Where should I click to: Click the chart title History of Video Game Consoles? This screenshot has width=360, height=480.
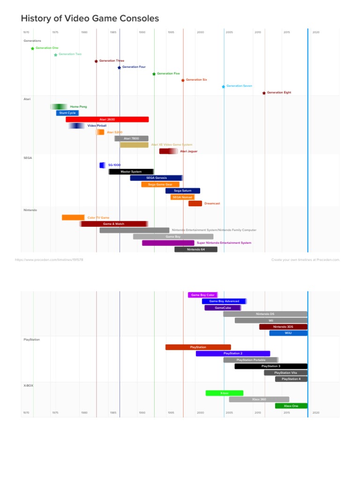(x=90, y=19)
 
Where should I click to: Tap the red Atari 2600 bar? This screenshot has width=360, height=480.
(x=107, y=120)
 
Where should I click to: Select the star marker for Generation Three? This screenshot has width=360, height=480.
(x=96, y=61)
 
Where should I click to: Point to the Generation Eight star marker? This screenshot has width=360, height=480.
(x=264, y=93)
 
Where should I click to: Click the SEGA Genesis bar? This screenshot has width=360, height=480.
(x=156, y=178)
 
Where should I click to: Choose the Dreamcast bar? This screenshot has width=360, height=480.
(x=195, y=203)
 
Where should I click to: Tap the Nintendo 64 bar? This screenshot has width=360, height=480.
(x=196, y=249)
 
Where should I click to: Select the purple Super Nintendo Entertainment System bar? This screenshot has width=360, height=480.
(x=168, y=243)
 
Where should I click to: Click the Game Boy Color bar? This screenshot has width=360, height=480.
(x=202, y=295)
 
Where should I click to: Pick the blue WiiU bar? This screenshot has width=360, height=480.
(x=288, y=333)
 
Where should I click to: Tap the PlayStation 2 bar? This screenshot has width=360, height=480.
(x=233, y=353)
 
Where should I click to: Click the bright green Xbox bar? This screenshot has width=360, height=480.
(x=224, y=393)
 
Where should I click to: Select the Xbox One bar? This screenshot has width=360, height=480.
(x=291, y=405)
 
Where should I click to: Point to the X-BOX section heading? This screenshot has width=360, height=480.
(x=29, y=385)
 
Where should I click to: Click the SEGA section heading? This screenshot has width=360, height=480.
(x=28, y=158)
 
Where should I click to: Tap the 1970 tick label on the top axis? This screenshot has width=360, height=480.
(x=26, y=32)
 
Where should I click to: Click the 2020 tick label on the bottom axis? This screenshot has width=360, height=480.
(x=316, y=412)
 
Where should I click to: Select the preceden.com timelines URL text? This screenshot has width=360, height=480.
(x=49, y=259)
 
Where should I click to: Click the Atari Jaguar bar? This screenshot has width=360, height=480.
(x=168, y=151)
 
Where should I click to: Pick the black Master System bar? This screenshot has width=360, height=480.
(x=131, y=172)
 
